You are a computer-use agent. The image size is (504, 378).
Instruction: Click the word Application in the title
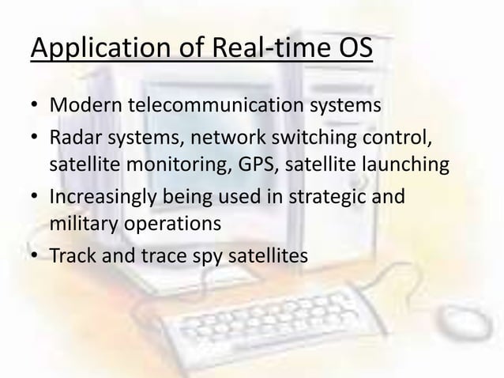87,50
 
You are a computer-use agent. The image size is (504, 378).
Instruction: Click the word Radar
72,140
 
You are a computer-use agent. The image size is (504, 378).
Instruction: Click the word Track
70,257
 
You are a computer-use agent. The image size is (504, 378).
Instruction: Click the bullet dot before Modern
36,106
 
